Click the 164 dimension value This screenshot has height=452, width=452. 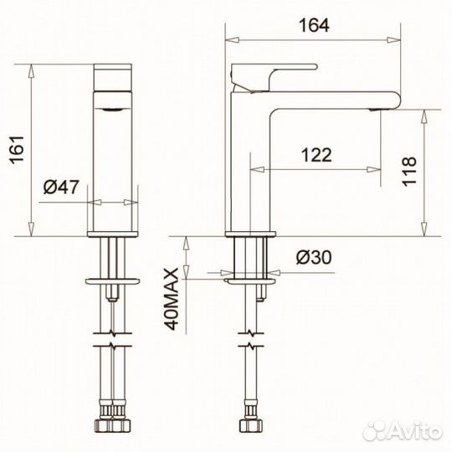(314, 25)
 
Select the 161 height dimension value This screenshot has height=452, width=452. (17, 149)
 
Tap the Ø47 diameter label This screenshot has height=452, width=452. (60, 187)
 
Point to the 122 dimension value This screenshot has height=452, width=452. (316, 155)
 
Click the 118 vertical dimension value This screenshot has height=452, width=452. (409, 172)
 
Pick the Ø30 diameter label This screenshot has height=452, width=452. (314, 257)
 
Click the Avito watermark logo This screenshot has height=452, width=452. (403, 431)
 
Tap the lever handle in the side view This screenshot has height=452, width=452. (274, 76)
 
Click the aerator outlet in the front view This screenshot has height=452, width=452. (112, 110)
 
